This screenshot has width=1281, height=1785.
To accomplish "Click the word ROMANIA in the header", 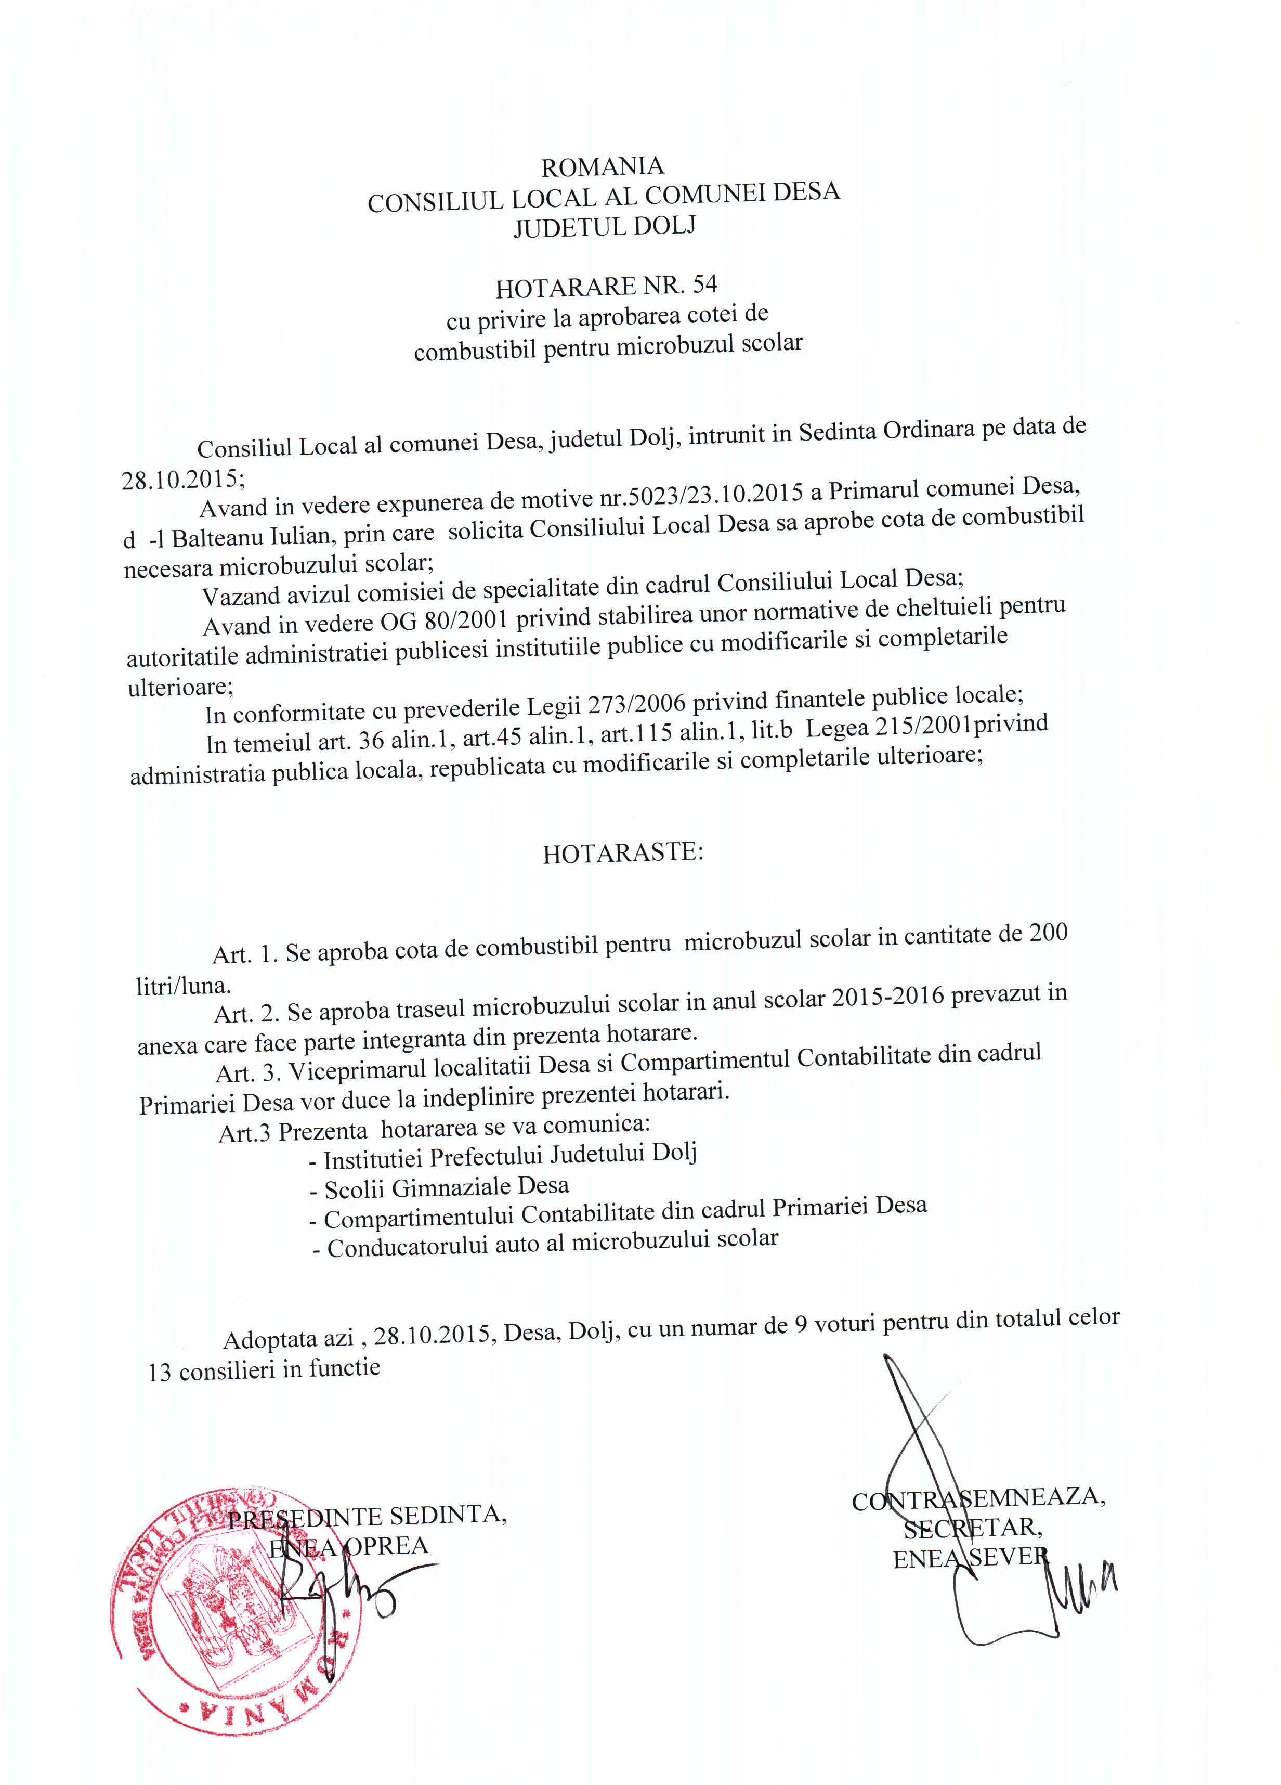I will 602,167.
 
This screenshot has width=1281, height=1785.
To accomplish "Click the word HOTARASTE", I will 622,853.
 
